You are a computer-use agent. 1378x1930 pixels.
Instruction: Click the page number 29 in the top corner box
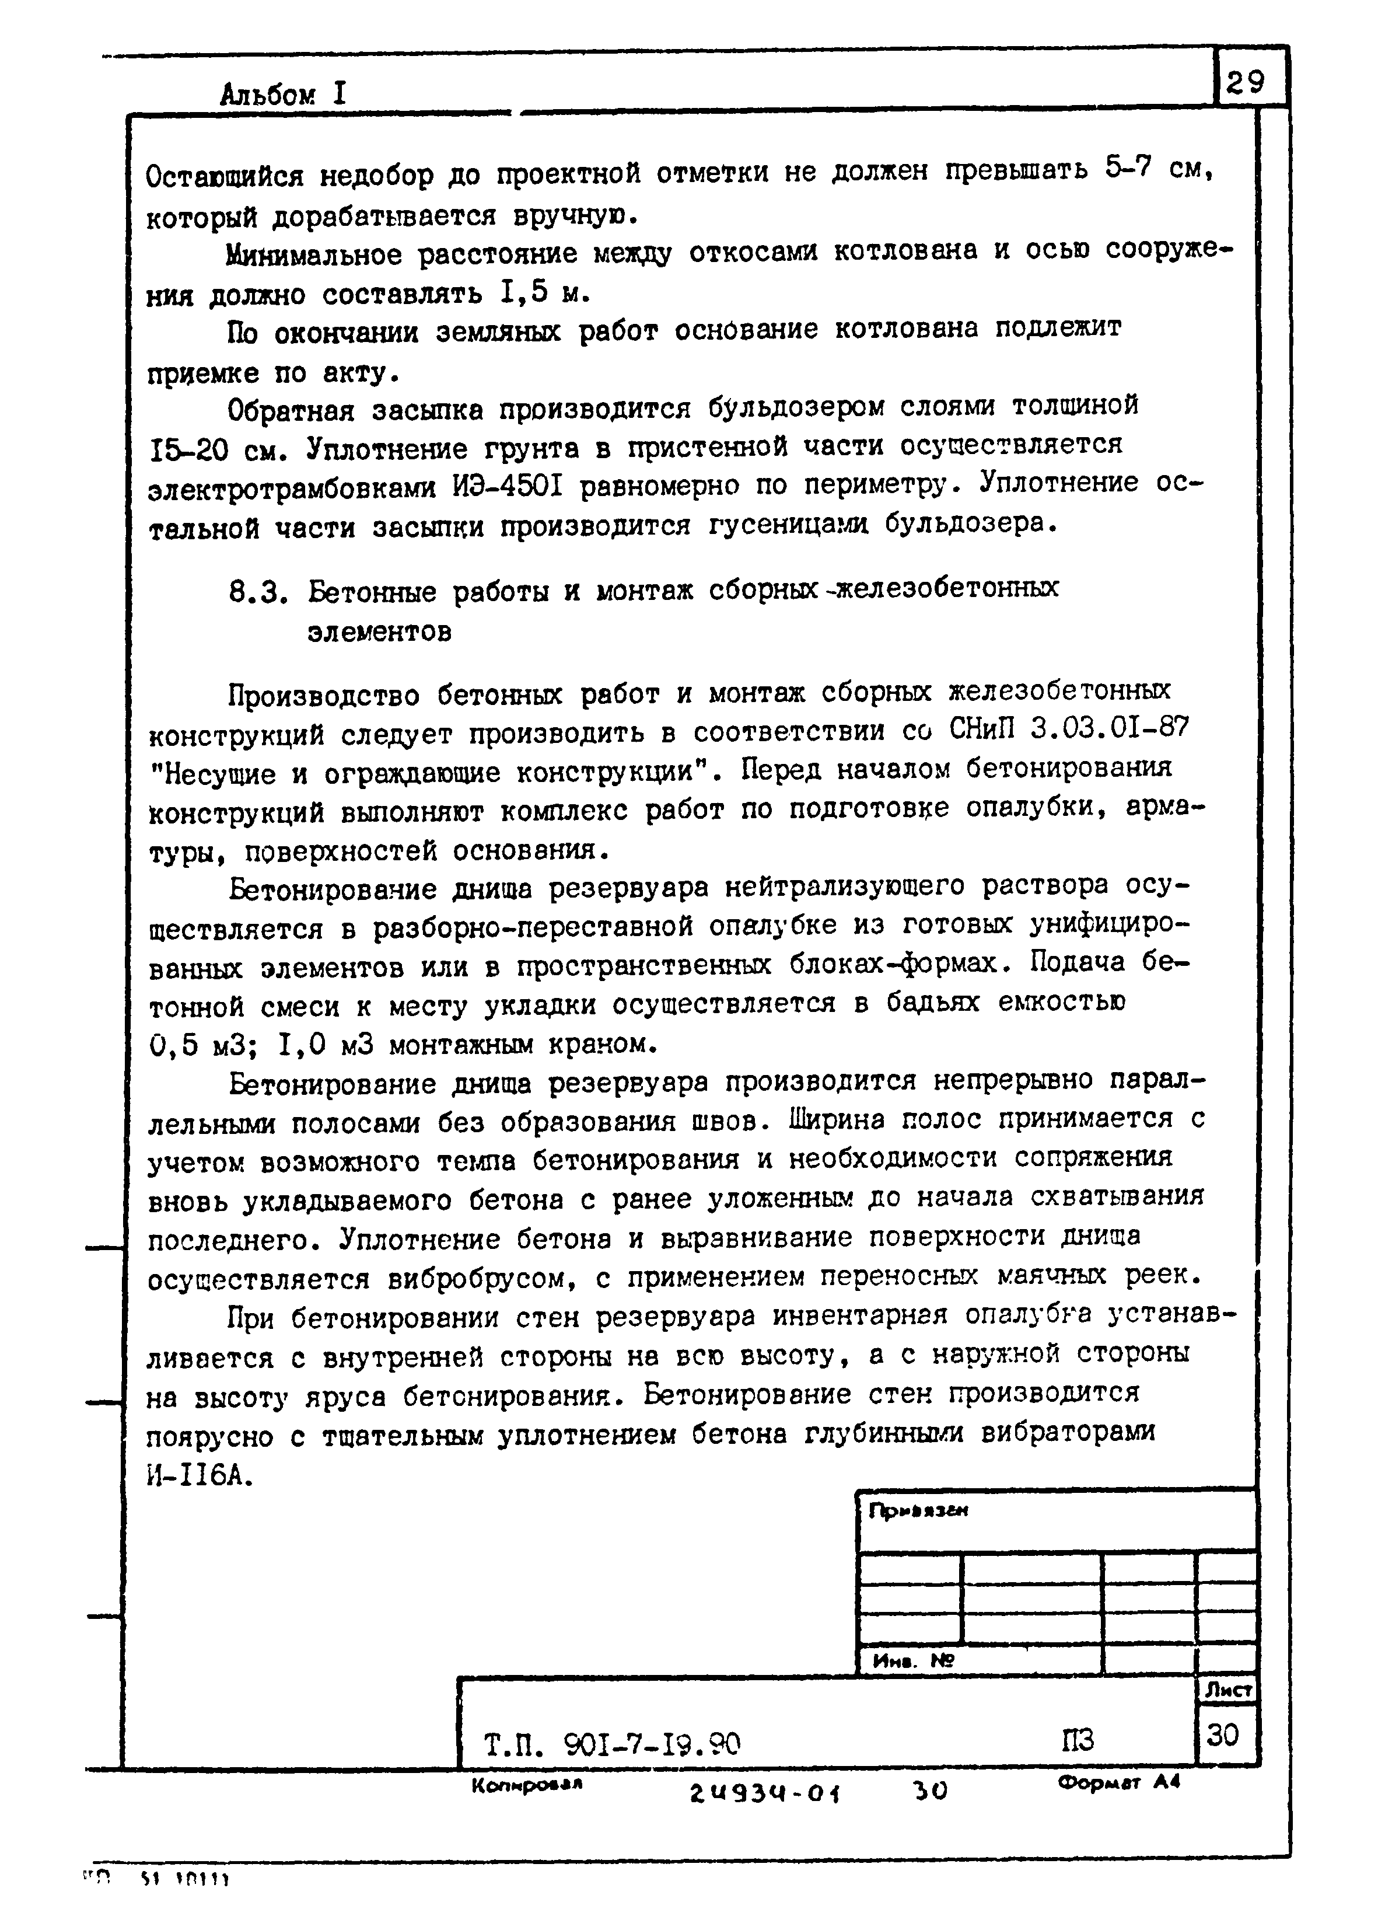click(x=1244, y=82)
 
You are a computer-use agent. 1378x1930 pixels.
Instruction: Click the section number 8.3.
click(x=254, y=592)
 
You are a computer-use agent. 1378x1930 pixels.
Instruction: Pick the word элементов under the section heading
click(x=379, y=632)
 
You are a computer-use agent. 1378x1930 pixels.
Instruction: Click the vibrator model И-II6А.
click(x=200, y=1478)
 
